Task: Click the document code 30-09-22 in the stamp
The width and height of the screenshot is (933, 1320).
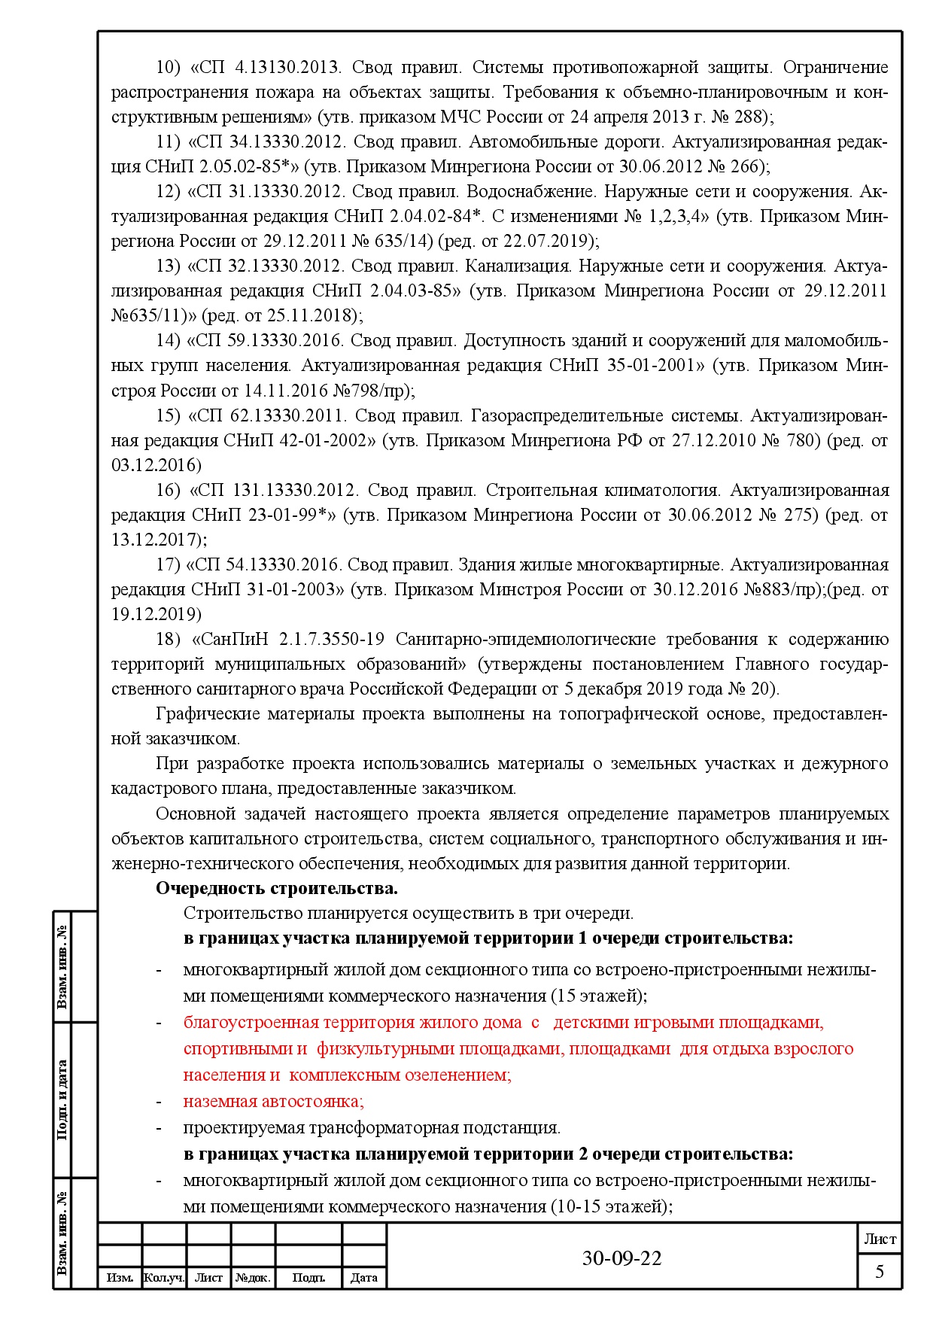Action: [x=621, y=1258]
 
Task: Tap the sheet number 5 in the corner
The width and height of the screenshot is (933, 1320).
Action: [x=879, y=1272]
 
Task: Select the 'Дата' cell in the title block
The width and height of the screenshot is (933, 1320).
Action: [x=364, y=1278]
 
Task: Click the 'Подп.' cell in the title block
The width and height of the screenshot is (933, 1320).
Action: [x=308, y=1278]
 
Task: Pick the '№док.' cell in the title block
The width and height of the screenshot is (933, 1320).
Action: [x=253, y=1278]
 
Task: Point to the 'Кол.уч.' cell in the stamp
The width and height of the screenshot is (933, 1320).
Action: [x=164, y=1278]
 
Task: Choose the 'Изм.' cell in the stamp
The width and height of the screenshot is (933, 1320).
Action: [x=120, y=1278]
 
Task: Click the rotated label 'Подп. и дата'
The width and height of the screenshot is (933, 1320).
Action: [x=62, y=1099]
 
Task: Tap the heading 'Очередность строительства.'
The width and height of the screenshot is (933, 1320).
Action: [x=276, y=888]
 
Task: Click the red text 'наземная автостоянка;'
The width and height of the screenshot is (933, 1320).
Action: [x=273, y=1101]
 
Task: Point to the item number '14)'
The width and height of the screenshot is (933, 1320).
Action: [x=169, y=340]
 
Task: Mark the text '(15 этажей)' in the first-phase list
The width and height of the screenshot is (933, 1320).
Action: [x=599, y=996]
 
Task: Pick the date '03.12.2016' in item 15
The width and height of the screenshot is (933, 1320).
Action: [x=157, y=465]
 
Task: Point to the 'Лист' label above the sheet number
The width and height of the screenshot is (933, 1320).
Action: [x=880, y=1239]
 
